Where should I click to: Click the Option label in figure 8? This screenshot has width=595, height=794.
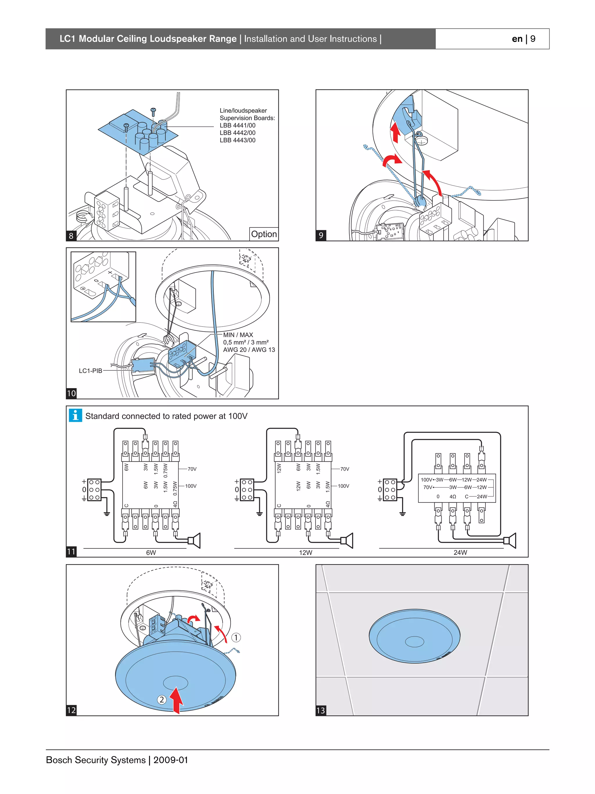click(x=264, y=234)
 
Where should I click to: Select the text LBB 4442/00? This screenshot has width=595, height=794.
click(x=238, y=133)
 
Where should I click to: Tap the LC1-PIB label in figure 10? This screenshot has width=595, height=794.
click(x=90, y=371)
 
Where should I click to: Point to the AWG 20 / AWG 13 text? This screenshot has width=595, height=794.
click(x=249, y=349)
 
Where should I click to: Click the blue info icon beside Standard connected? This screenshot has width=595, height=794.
click(x=75, y=415)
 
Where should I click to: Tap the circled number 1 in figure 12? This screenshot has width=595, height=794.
click(x=236, y=637)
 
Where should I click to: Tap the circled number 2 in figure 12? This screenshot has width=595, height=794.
click(x=162, y=700)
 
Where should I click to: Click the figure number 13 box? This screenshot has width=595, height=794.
click(x=320, y=710)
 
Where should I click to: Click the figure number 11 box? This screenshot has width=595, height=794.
click(x=71, y=552)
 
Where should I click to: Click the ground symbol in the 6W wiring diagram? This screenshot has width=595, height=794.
click(x=107, y=514)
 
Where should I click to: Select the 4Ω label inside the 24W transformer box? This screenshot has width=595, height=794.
click(x=453, y=497)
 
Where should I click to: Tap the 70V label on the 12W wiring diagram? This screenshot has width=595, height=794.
click(x=345, y=469)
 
